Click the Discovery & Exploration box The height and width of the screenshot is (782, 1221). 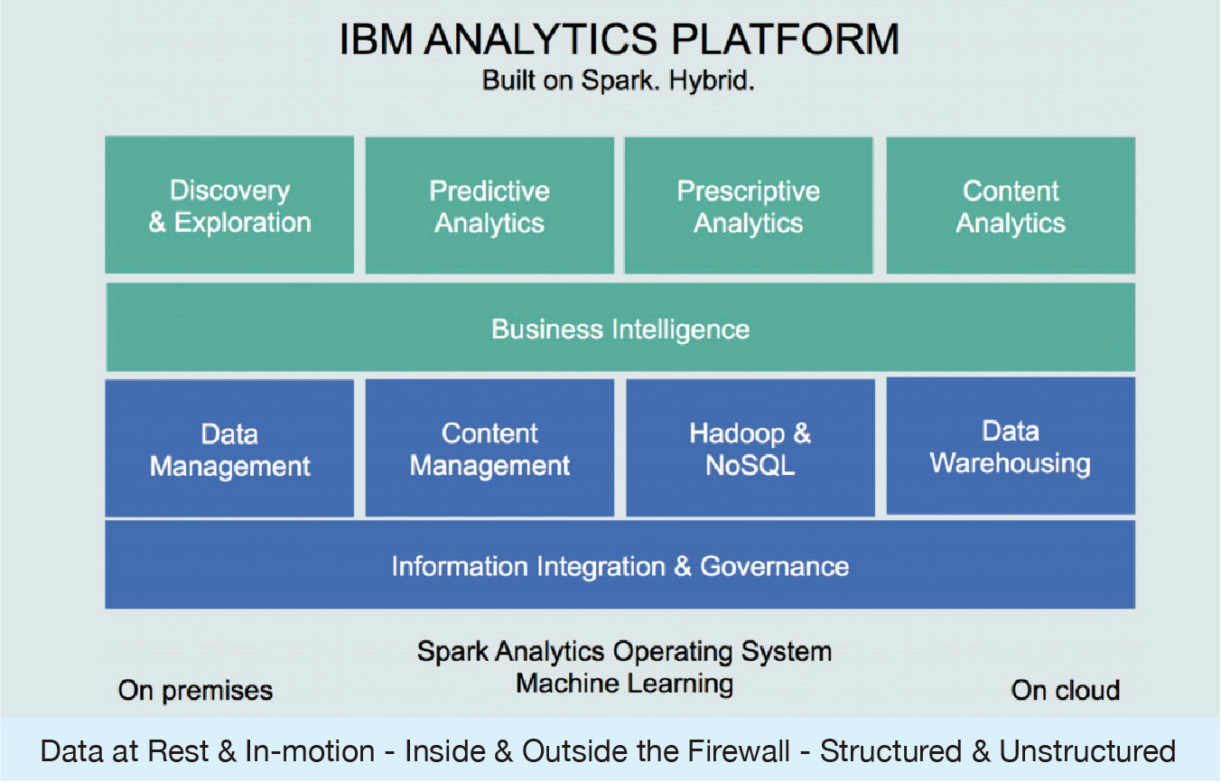click(x=229, y=205)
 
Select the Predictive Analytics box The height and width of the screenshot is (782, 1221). click(x=489, y=206)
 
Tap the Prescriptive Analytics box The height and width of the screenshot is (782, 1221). click(x=749, y=206)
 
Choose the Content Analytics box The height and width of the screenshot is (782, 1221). click(x=1011, y=206)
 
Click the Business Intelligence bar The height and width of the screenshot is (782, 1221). click(x=620, y=327)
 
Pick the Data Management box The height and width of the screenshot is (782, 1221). click(x=229, y=448)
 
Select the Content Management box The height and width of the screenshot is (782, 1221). click(x=489, y=447)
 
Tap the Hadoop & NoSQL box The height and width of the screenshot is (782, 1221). click(x=750, y=447)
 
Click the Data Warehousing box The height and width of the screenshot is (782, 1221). click(x=1011, y=446)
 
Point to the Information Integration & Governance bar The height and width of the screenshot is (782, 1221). click(x=620, y=564)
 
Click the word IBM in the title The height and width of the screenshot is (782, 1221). click(x=376, y=40)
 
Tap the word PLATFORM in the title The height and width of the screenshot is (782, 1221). click(x=785, y=40)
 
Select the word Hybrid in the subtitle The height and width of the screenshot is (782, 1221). click(x=712, y=80)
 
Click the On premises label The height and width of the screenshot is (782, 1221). click(x=195, y=691)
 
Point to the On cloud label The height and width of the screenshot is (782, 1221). click(x=1065, y=691)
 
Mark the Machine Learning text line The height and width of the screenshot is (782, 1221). click(x=625, y=684)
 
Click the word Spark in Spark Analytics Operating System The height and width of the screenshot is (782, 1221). click(x=452, y=652)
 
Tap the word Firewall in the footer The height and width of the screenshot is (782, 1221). click(x=738, y=751)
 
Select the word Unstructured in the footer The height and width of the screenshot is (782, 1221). click(x=1087, y=751)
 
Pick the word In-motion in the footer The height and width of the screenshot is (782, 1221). click(x=310, y=751)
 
